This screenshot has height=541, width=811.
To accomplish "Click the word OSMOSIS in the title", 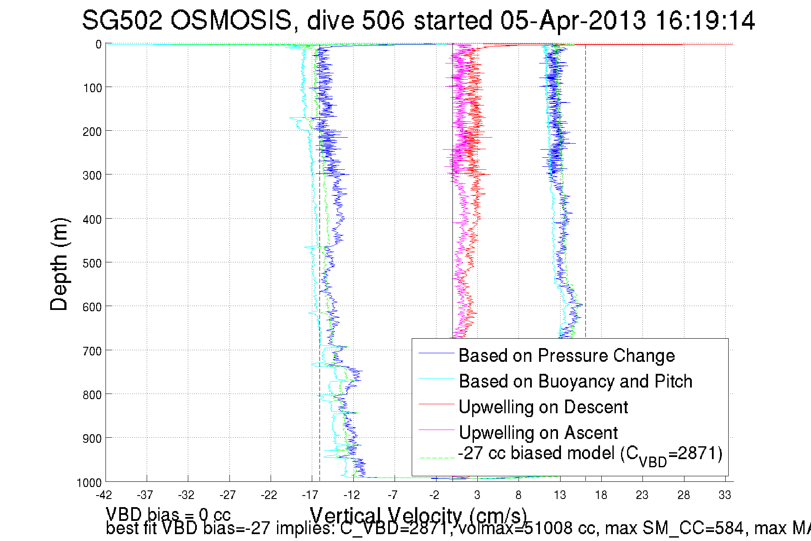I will click(231, 20).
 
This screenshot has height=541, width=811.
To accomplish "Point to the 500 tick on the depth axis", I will click(92, 263).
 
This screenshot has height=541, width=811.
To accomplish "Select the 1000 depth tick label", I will click(89, 483).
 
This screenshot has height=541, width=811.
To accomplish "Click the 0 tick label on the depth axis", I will click(99, 45).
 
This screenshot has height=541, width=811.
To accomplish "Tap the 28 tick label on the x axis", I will click(684, 495).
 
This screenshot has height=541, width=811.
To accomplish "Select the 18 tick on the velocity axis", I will click(601, 495).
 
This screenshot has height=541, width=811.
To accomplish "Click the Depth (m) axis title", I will click(59, 264).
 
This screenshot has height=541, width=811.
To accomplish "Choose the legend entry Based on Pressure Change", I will click(567, 355).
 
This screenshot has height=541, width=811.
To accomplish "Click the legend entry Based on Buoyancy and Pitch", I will click(576, 381).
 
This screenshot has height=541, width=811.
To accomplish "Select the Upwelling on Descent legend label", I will click(543, 407).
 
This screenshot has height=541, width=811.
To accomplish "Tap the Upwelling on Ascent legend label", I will click(538, 433).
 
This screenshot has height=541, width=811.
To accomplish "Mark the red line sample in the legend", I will click(436, 404).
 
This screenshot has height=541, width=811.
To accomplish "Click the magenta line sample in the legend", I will click(436, 430).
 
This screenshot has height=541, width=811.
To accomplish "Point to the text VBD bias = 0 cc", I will click(168, 514).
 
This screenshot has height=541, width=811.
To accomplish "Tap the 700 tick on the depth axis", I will click(92, 351).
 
